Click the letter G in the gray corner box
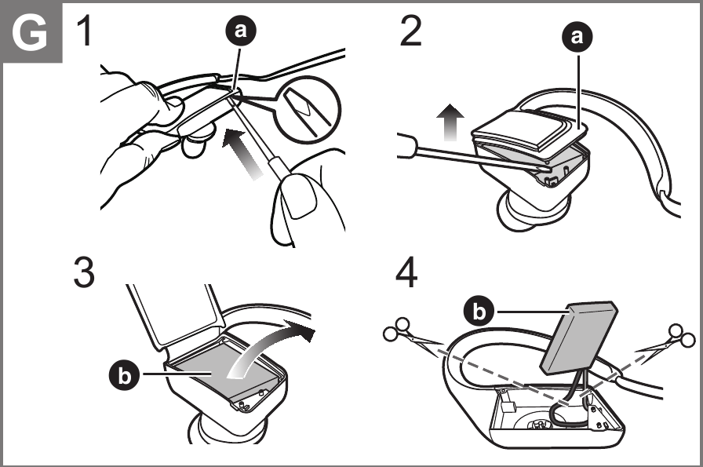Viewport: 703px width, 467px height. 30,32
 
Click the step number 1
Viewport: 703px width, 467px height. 86,31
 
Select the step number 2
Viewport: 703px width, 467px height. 410,31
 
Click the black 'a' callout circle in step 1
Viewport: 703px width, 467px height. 241,31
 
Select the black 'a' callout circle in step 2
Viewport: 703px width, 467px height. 577,36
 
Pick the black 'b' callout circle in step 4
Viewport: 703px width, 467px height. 479,311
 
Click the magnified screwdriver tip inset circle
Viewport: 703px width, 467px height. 308,109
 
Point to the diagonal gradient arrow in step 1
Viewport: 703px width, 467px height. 242,152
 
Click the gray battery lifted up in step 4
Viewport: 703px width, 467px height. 579,337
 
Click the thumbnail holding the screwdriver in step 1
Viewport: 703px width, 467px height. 299,195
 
